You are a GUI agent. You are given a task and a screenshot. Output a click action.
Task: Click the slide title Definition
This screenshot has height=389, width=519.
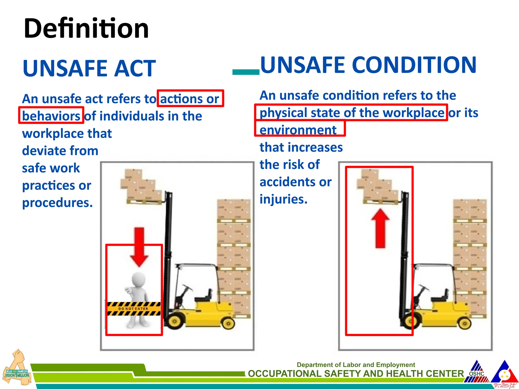click(x=86, y=28)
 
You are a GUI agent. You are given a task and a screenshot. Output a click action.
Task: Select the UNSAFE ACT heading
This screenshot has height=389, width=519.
click(x=89, y=68)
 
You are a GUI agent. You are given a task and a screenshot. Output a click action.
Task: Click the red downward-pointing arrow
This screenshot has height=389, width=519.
click(x=139, y=247)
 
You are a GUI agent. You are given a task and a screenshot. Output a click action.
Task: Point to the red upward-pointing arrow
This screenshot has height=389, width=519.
click(x=380, y=228)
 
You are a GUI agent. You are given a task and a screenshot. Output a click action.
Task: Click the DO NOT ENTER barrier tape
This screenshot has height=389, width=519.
click(x=134, y=309)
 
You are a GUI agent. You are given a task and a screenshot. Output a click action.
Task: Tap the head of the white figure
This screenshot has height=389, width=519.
click(x=139, y=280)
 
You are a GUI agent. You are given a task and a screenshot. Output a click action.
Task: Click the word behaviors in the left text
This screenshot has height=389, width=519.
click(x=51, y=116)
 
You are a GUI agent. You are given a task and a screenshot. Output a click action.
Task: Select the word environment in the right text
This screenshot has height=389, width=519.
click(x=298, y=130)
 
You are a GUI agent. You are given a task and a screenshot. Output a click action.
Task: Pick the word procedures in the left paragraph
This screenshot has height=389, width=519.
click(x=57, y=203)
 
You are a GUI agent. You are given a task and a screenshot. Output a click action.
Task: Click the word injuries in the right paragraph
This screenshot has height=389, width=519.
click(x=283, y=199)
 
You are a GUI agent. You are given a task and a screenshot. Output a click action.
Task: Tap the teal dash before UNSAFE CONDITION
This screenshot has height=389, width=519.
click(x=246, y=72)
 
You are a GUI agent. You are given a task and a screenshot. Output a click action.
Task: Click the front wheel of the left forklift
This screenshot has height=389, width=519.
click(x=174, y=321)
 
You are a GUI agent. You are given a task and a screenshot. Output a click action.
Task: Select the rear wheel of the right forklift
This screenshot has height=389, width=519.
click(x=465, y=323)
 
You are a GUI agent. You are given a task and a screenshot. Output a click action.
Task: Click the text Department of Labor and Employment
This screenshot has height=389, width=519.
click(x=356, y=365)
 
